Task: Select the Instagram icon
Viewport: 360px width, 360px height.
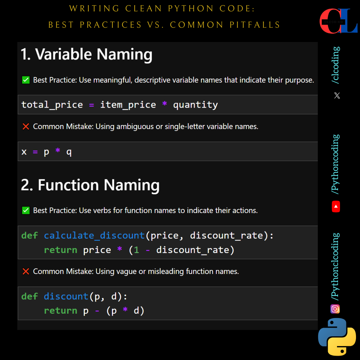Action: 335,309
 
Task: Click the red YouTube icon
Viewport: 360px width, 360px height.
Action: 336,207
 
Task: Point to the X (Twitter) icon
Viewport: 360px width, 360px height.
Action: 337,96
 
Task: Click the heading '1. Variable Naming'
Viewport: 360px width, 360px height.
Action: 86,54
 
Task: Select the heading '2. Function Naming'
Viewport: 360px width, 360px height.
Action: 90,185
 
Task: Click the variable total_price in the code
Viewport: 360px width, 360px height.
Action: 52,105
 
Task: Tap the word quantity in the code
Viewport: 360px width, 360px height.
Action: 195,105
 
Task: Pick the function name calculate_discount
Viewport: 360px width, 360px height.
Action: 94,236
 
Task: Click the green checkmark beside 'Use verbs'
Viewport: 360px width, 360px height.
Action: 26,210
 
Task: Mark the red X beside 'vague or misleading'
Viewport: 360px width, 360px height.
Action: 26,271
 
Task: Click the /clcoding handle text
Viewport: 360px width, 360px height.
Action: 336,65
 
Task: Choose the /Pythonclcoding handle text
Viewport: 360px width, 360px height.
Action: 336,266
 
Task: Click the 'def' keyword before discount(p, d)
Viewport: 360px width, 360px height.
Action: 30,296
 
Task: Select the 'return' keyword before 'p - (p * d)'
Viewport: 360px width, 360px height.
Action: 61,311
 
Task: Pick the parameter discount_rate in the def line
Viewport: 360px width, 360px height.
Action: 226,236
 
